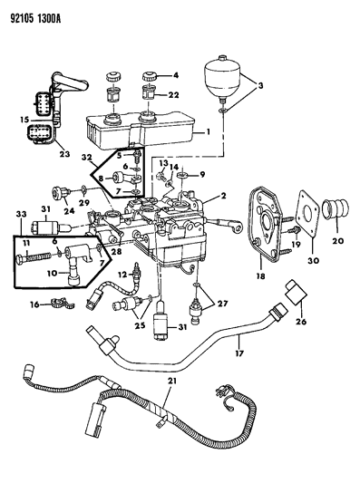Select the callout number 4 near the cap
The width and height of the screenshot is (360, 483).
176,74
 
